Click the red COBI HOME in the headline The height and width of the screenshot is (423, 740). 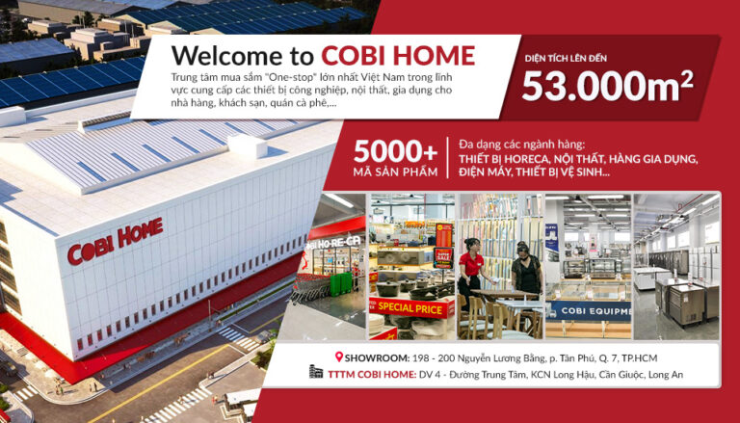coord(398,55)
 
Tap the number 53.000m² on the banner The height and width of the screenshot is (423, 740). coord(607,86)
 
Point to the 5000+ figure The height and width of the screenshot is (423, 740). coord(395,151)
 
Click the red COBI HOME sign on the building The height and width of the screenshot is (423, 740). coord(115,241)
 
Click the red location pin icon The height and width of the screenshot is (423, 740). coord(338,357)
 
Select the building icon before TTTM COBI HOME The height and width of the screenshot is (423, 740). coord(314,374)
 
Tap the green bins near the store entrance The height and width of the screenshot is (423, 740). coord(340,284)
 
